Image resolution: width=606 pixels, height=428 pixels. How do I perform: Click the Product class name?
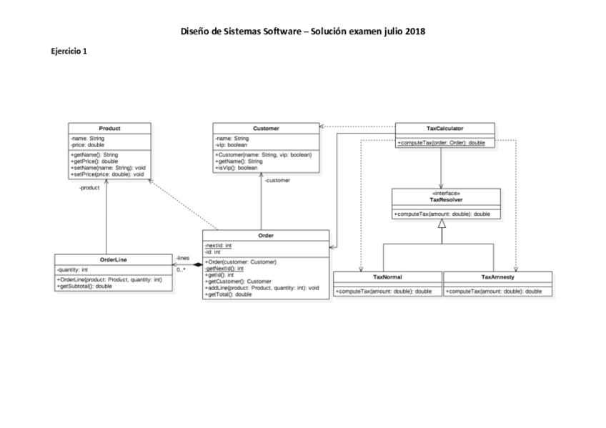(109, 128)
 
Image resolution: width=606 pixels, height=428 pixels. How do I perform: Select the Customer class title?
(266, 128)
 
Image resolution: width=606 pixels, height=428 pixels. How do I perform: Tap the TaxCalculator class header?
(444, 128)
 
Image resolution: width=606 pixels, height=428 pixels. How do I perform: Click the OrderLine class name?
(114, 259)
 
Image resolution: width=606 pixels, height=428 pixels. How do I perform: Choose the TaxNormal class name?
(387, 277)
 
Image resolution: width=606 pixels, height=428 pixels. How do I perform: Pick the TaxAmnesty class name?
(497, 277)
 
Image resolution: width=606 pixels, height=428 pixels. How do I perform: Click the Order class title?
(265, 235)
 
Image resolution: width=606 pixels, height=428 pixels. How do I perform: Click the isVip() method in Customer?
(237, 168)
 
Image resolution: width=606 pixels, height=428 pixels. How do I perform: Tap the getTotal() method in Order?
(228, 294)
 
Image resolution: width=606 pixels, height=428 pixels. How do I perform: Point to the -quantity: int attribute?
(72, 269)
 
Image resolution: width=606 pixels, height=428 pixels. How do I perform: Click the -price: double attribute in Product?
(87, 144)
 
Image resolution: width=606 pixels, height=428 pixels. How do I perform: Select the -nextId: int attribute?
(218, 245)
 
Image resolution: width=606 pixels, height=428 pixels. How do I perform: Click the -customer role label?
(277, 181)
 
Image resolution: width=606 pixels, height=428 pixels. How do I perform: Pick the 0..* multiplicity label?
(181, 269)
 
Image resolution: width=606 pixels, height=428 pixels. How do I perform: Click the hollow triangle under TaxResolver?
(442, 224)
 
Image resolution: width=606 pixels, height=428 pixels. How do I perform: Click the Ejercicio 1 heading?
(69, 51)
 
